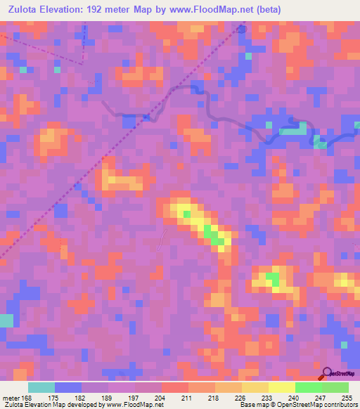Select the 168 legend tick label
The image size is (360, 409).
[x=27, y=398]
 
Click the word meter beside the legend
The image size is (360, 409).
[x=9, y=398]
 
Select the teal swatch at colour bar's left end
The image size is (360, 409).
[x=41, y=387]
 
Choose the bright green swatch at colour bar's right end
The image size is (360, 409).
[x=335, y=387]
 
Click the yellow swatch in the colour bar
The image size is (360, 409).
[x=281, y=387]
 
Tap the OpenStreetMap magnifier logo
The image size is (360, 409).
[x=326, y=373]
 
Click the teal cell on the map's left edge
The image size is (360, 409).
[x=6, y=320]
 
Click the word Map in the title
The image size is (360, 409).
[x=161, y=11]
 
